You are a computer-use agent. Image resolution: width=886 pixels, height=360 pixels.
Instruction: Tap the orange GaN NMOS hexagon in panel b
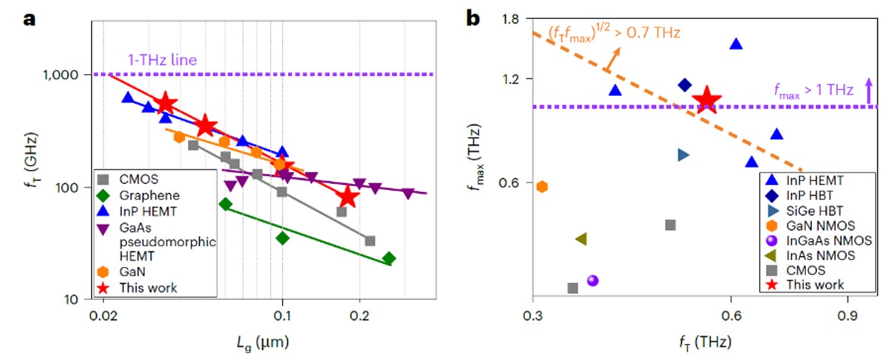click(542, 186)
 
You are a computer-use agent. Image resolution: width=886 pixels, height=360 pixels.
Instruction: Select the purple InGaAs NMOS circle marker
click(592, 280)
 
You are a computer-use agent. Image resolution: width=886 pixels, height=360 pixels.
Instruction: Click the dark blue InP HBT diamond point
click(684, 85)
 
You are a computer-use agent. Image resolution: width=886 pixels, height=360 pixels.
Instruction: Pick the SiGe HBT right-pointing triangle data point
click(683, 154)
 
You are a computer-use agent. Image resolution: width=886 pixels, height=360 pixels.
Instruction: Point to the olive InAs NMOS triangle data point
click(581, 239)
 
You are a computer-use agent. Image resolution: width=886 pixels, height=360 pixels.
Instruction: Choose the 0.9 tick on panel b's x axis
click(847, 316)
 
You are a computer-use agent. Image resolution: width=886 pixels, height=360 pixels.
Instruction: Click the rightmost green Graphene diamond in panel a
click(389, 258)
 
